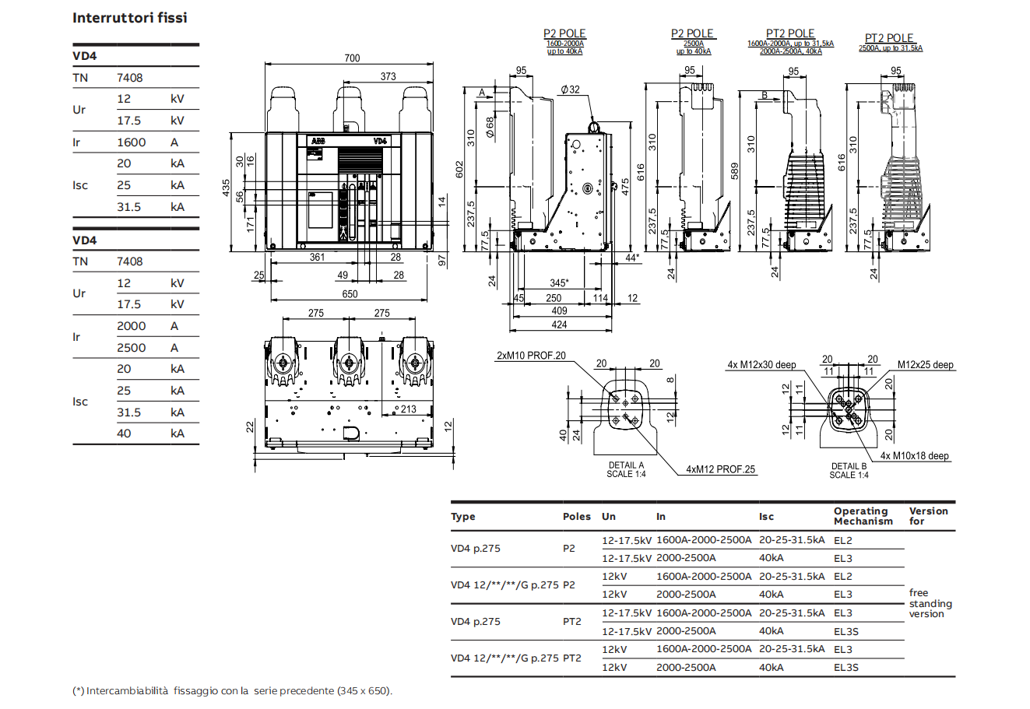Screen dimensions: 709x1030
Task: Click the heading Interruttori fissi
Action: (x=130, y=17)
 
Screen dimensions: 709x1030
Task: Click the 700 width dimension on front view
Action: (x=352, y=58)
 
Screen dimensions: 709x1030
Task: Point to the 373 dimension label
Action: (x=388, y=76)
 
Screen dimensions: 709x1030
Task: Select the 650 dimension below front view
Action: (x=350, y=294)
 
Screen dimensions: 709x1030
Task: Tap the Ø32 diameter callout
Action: (x=570, y=90)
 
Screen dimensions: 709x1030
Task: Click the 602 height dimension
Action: (x=459, y=169)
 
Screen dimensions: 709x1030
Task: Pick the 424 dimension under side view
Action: (x=559, y=325)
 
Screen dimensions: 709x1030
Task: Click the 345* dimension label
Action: (x=558, y=283)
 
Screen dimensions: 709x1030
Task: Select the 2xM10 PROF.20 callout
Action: (x=531, y=356)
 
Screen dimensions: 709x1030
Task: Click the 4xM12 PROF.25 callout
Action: (x=720, y=469)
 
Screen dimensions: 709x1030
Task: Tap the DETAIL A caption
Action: (x=626, y=465)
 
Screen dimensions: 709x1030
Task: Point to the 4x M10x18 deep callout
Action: (x=915, y=456)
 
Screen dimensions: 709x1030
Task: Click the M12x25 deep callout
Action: (x=925, y=364)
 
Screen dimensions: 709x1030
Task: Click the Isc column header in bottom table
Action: (x=767, y=516)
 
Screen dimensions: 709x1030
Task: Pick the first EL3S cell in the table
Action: (x=845, y=631)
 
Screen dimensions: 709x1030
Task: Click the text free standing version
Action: (x=930, y=603)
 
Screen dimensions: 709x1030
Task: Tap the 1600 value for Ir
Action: (x=131, y=142)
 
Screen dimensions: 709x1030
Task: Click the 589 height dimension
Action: (x=734, y=171)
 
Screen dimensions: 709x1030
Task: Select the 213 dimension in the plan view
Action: (x=408, y=409)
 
